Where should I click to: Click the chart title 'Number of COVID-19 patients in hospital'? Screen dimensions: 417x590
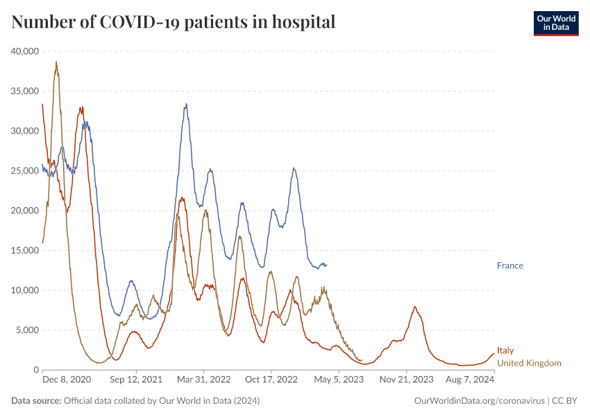(174, 22)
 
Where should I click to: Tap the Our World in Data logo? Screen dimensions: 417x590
(555, 22)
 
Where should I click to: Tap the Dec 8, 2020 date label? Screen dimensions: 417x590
(67, 380)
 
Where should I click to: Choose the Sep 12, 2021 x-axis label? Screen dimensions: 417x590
(136, 380)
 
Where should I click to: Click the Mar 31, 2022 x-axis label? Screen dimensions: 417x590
(204, 380)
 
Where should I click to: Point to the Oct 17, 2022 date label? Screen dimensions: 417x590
(272, 380)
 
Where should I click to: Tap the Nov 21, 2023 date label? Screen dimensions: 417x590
(407, 380)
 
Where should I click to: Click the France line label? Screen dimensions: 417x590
(510, 265)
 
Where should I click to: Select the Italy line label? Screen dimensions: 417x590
(505, 351)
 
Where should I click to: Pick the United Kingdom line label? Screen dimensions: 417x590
(529, 363)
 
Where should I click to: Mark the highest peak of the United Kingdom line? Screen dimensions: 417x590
(56, 62)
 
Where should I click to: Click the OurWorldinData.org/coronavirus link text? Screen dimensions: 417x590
(478, 401)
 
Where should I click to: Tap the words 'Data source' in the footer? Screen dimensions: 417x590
(36, 401)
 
